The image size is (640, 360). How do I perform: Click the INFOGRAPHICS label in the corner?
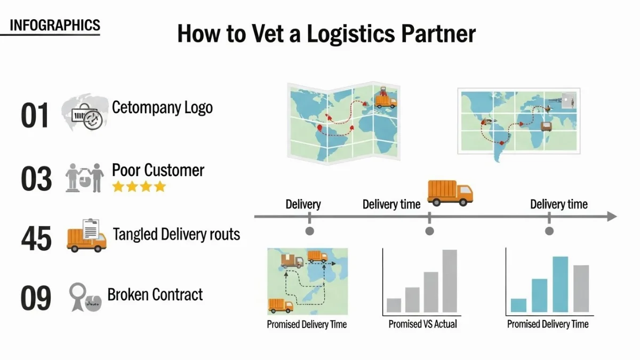click(54, 25)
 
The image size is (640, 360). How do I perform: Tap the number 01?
click(35, 115)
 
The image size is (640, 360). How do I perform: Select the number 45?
click(36, 238)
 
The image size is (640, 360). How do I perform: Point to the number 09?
click(36, 299)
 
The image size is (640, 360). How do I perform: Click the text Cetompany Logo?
click(162, 107)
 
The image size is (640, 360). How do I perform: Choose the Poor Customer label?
click(158, 171)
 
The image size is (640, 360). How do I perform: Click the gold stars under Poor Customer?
click(139, 187)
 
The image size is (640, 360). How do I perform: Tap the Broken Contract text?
click(155, 294)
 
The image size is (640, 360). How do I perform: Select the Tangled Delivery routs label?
click(177, 234)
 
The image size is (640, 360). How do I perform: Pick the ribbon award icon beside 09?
click(78, 297)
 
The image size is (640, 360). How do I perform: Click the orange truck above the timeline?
click(450, 193)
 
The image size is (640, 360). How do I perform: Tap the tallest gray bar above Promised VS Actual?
click(450, 281)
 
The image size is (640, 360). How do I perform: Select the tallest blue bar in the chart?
click(560, 284)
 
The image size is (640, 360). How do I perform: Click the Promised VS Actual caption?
click(422, 324)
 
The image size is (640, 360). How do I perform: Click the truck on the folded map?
click(386, 98)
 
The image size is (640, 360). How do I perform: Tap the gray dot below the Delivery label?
click(309, 231)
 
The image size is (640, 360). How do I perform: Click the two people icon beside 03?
click(85, 178)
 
